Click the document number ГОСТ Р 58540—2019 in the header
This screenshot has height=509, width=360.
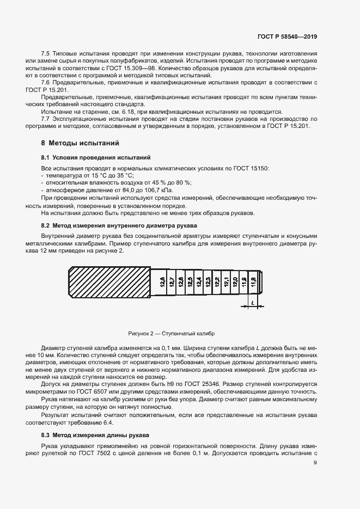pyautogui.click(x=286, y=36)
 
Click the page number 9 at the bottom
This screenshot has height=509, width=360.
pyautogui.click(x=315, y=463)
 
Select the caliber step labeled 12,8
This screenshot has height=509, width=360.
pyautogui.click(x=162, y=282)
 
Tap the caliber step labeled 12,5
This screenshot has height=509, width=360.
pyautogui.click(x=190, y=282)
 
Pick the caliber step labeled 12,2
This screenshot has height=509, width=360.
pyautogui.click(x=217, y=282)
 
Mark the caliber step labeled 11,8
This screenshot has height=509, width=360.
pyautogui.click(x=253, y=282)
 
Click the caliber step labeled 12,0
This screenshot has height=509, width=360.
pyautogui.click(x=235, y=282)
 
